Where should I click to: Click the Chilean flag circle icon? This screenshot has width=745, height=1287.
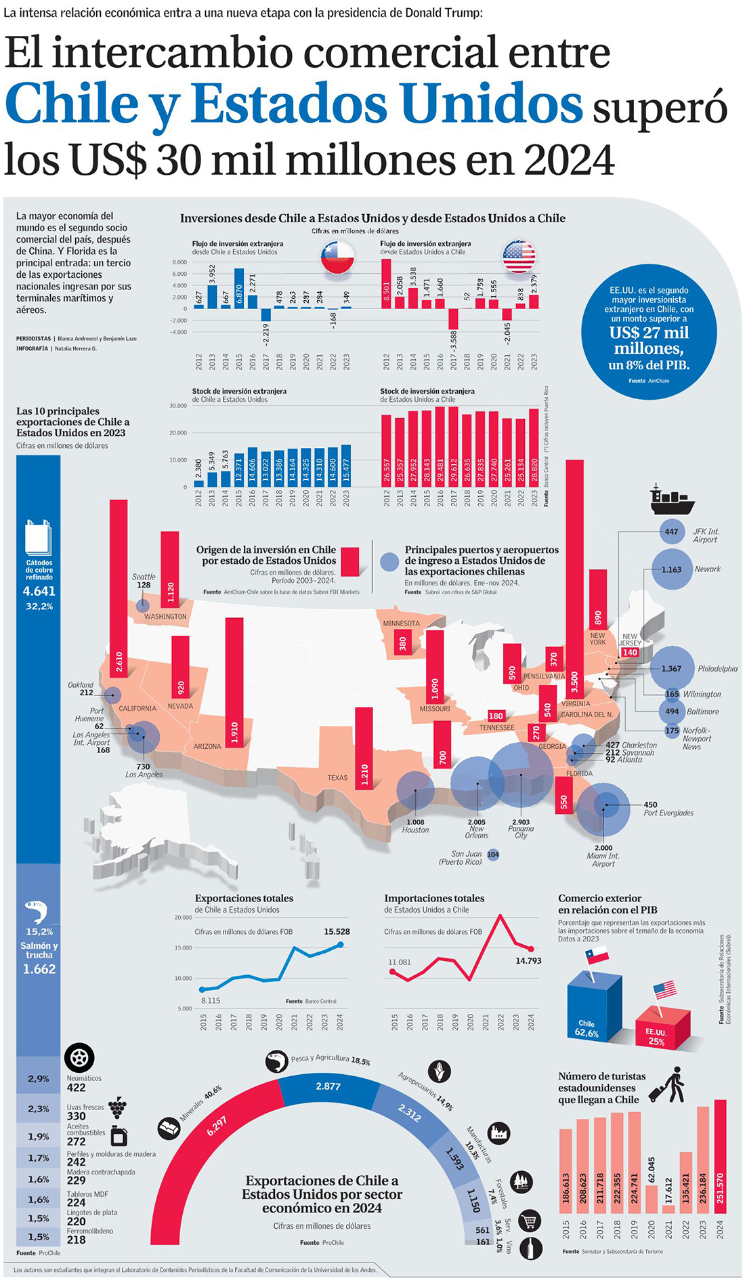pos(337,257)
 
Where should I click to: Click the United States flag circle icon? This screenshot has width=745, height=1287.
pos(519,257)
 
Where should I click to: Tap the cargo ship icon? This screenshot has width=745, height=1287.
pos(672,499)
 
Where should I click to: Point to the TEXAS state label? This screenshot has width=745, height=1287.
pos(337,777)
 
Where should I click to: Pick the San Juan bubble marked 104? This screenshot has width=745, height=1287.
pos(493,855)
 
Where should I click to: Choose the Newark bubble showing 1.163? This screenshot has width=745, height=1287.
pos(671,569)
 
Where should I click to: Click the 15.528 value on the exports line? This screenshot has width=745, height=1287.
pos(337,931)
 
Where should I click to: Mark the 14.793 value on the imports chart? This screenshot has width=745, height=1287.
pos(528,960)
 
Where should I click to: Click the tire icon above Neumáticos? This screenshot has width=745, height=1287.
pos(79,1057)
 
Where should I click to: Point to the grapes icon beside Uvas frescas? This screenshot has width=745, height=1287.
pos(118,1107)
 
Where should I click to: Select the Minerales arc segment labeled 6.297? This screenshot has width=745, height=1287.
pos(217,1125)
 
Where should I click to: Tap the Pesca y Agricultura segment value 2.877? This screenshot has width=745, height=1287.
pos(328,1086)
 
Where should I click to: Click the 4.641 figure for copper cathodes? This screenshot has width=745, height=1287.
pos(39,591)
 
